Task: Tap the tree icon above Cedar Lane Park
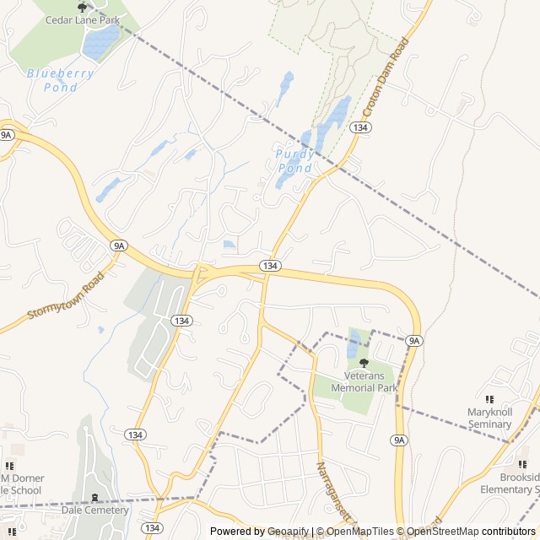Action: point(82,8)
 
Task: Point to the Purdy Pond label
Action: point(294,161)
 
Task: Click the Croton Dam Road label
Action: point(386,77)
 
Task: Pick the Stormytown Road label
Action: point(65,295)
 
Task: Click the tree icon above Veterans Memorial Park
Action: point(364,363)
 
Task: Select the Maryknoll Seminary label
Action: point(489,418)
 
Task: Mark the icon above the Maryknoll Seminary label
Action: point(489,399)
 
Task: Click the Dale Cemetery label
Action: point(94,510)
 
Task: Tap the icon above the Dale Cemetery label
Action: point(94,497)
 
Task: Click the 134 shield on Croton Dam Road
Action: point(360,127)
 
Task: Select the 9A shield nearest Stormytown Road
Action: point(118,246)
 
